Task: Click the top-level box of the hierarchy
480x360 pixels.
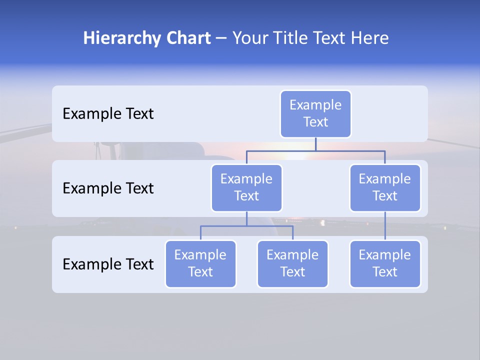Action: pos(315,114)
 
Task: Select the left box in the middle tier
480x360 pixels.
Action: pos(246,188)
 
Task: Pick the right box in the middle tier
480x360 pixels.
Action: pos(385,188)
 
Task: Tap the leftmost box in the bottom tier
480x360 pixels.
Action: pos(200,264)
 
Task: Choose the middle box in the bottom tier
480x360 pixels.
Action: pos(292,264)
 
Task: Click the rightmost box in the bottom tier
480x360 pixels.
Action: pos(385,264)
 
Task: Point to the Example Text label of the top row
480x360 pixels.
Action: pos(108,114)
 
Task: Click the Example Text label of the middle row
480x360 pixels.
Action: pos(108,188)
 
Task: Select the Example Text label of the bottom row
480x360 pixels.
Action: pos(108,264)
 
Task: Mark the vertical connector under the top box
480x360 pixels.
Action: pos(315,144)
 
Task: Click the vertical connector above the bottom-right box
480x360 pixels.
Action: pos(385,226)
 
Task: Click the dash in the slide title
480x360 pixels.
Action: pos(221,39)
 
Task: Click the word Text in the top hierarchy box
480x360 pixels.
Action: pos(315,122)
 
